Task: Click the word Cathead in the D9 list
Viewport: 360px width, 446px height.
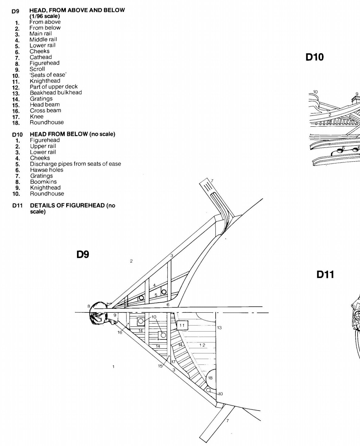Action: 41,57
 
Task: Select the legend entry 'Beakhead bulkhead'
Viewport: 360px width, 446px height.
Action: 56,93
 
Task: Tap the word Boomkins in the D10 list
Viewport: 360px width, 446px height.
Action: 43,182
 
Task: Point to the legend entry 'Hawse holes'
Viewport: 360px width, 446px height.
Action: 47,170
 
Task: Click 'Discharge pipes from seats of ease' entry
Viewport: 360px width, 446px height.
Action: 76,164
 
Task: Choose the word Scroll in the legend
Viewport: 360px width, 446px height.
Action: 37,69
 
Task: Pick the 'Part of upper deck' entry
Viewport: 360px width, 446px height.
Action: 54,87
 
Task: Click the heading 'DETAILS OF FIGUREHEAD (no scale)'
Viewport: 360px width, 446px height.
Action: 72,208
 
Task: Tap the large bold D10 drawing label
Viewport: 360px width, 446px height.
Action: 315,57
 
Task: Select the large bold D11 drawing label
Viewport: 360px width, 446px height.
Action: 325,274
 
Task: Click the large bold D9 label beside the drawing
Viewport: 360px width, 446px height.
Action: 83,254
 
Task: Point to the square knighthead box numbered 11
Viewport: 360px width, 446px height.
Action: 182,325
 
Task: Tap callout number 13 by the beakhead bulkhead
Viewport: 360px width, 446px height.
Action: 220,328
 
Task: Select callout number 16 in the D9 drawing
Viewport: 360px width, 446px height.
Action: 120,332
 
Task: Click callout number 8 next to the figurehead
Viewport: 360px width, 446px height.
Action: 89,306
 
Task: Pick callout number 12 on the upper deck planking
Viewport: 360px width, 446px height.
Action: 202,345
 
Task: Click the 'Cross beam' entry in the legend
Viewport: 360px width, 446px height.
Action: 45,111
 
